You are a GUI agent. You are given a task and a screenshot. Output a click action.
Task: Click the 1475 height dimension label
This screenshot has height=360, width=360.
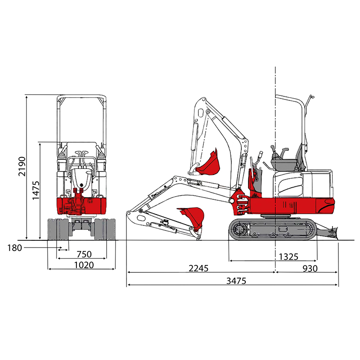(36, 191)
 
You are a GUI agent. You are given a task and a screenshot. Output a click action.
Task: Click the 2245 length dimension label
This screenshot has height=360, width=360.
(198, 268)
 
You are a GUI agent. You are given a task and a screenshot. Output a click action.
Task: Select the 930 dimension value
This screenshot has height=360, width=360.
(310, 268)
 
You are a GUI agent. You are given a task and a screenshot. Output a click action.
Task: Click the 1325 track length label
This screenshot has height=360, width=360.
(288, 256)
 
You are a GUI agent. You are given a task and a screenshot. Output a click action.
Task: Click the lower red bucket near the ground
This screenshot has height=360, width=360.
(191, 216)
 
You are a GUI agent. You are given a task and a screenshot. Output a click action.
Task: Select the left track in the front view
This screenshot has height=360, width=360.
(58, 229)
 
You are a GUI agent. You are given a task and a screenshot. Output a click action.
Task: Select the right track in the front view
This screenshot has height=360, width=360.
(104, 229)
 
